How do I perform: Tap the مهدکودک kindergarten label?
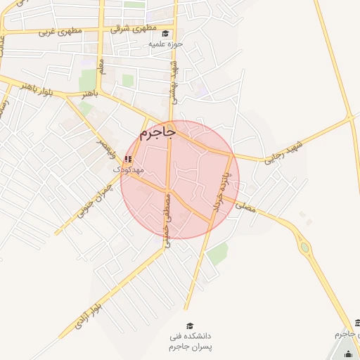click(129, 170)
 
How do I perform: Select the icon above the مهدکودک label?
click(128, 160)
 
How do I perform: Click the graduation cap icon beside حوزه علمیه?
click(165, 33)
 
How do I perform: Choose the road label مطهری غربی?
click(60, 32)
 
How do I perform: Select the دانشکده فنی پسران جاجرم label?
click(191, 342)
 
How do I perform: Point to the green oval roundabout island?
click(304, 247)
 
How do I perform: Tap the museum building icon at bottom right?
click(357, 323)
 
